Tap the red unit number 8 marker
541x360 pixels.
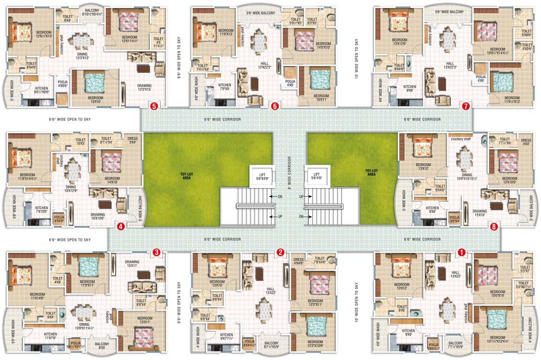pos(494,227)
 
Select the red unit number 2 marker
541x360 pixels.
pos(280,253)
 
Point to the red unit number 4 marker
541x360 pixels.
pos(121,227)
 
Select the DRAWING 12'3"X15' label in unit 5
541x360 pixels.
pos(144,88)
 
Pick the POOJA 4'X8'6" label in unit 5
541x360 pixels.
pos(62,83)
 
